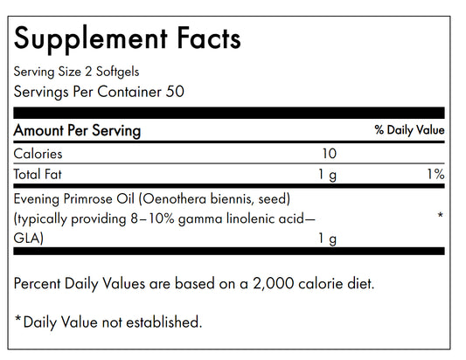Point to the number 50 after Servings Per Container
[x=176, y=91]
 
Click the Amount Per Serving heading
[x=77, y=130]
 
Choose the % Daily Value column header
[x=409, y=130]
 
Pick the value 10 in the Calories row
[x=329, y=153]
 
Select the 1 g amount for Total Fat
[x=328, y=174]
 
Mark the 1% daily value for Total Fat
[x=435, y=174]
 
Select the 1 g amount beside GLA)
[x=328, y=238]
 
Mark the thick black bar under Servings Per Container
[x=229, y=112]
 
